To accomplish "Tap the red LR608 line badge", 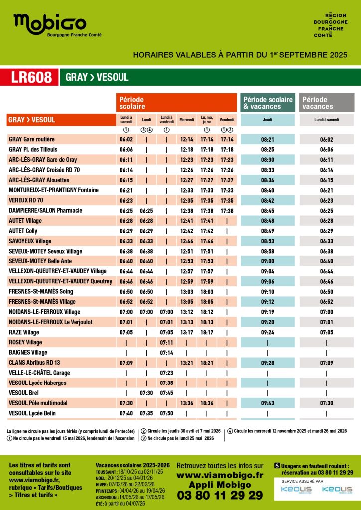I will point(32,77).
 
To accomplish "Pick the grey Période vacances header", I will point(326,103).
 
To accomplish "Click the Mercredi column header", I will point(187,120).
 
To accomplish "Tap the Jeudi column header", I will point(267,120).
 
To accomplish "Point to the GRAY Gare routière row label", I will point(32,139).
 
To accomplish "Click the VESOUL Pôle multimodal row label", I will point(38,403).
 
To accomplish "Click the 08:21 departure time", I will point(267,140).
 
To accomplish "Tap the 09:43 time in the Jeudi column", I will point(267,403).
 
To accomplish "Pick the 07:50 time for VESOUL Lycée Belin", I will point(166,413).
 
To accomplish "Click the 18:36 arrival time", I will point(207,403).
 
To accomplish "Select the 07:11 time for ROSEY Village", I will point(166,342).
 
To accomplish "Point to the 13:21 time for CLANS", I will point(187,363).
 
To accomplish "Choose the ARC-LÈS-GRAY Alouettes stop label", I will point(39,180).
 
